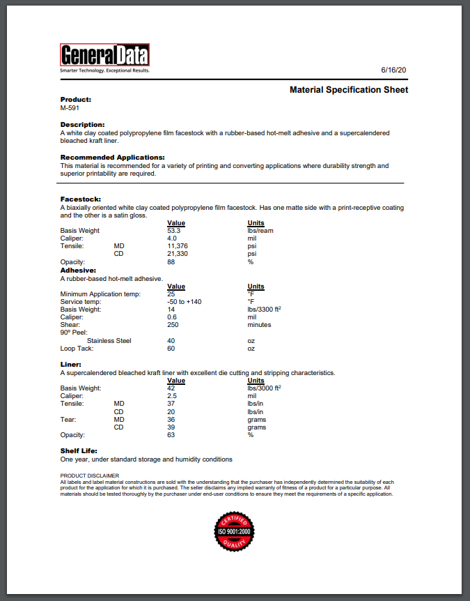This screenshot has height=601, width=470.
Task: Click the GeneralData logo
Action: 104,56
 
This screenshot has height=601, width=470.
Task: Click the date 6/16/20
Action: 393,70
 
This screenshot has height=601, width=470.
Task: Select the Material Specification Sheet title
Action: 349,90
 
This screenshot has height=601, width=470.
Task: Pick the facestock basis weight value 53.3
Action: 174,231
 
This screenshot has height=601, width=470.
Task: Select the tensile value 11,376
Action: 178,246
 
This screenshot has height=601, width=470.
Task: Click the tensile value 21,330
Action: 178,254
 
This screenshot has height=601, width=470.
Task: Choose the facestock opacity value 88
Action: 171,262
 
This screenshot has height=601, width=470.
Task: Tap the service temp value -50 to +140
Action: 185,301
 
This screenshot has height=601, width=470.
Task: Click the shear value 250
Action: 173,325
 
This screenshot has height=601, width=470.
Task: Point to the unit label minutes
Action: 260,325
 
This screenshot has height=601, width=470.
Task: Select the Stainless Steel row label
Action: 109,341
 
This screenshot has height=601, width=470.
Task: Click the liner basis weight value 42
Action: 171,388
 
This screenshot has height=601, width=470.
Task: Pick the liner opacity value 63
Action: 171,435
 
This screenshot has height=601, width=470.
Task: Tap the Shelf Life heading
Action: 79,451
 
